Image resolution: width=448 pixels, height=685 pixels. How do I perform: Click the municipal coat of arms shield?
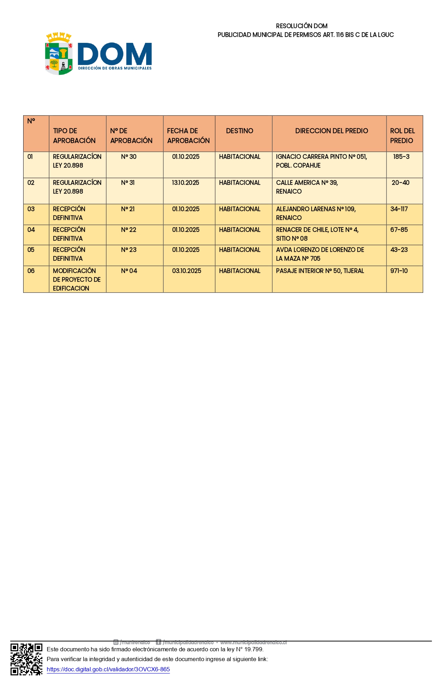click(59, 55)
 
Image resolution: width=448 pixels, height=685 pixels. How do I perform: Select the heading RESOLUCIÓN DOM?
click(301, 26)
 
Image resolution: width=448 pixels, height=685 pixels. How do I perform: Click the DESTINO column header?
click(240, 131)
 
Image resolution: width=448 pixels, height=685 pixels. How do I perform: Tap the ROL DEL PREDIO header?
click(402, 136)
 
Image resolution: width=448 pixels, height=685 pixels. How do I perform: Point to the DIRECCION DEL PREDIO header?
click(331, 131)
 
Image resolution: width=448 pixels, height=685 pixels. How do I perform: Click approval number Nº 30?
click(129, 157)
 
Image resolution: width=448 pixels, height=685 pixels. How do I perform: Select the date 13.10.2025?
click(186, 183)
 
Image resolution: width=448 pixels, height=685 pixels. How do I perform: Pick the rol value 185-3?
click(401, 157)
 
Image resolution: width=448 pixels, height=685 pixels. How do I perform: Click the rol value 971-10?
click(399, 271)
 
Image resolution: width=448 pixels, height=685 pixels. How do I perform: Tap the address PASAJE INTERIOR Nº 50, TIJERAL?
click(320, 271)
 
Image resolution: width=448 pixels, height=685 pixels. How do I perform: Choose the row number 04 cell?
click(31, 230)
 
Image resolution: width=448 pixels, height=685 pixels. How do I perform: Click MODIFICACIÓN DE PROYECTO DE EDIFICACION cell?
click(77, 279)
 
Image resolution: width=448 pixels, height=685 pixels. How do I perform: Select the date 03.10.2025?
click(187, 271)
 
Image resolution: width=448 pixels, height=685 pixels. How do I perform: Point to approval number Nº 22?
click(129, 230)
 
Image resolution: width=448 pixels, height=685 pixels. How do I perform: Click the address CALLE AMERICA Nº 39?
click(307, 183)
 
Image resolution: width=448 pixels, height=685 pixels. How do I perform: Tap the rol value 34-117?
click(399, 209)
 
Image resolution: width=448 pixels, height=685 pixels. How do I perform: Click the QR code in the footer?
click(26, 659)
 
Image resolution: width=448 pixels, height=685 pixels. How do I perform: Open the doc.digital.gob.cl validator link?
click(108, 669)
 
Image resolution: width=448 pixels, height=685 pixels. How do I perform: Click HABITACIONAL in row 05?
click(240, 250)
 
